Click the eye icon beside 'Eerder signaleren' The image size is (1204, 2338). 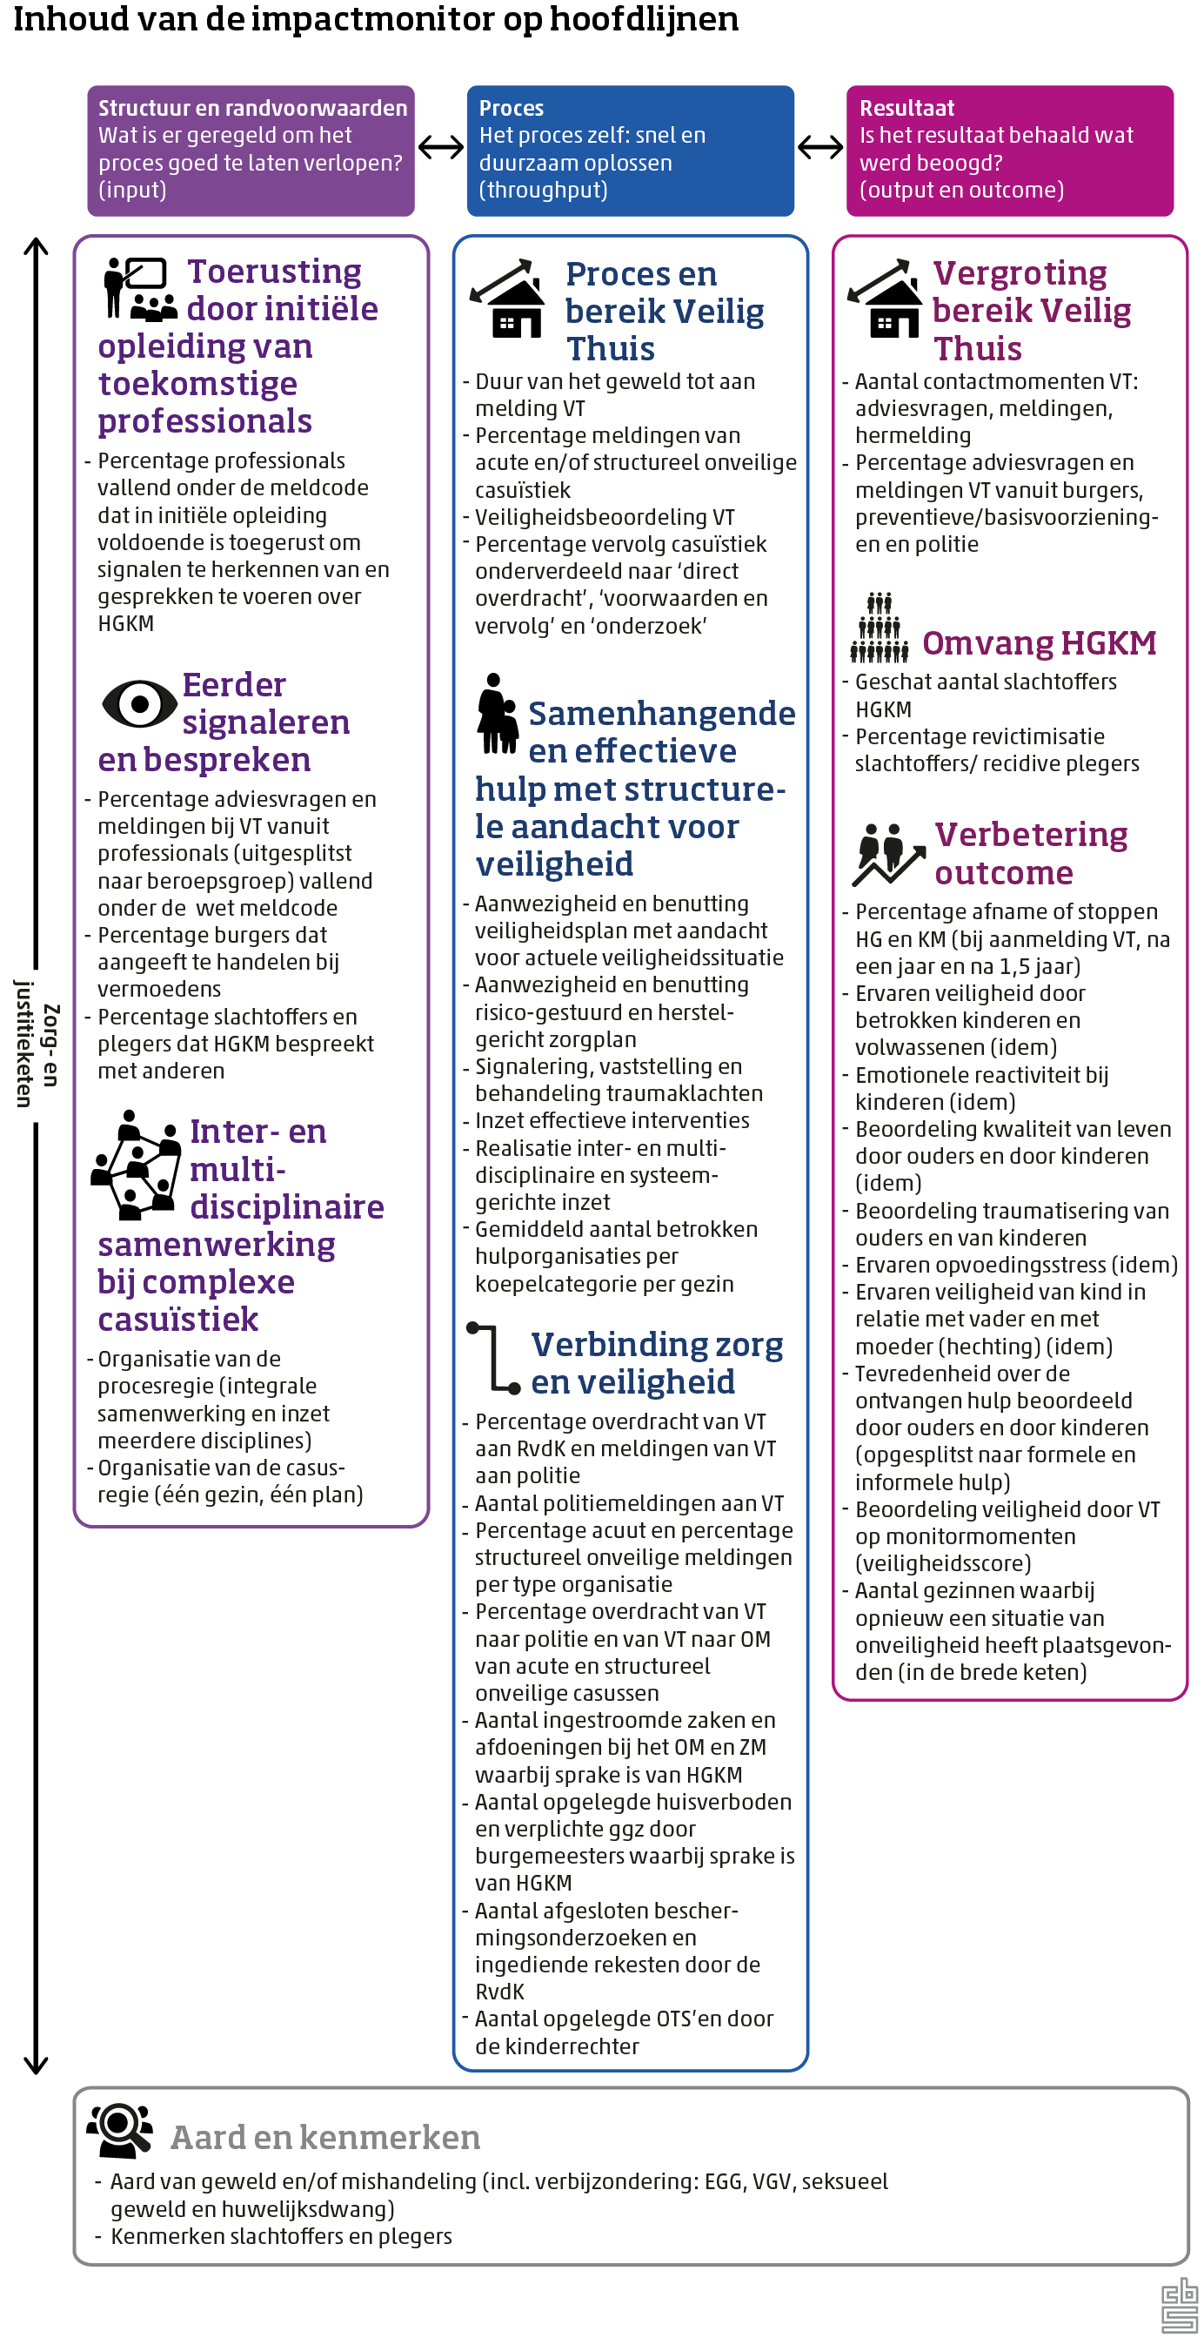tap(139, 702)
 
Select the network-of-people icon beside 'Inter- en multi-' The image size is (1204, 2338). tap(135, 1165)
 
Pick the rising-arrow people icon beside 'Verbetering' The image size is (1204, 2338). tap(887, 854)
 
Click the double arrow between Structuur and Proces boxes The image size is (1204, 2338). tap(441, 147)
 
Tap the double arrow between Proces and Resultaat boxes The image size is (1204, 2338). tap(820, 147)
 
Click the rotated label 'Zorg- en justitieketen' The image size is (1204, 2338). tap(37, 1044)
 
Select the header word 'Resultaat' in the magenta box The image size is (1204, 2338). tap(906, 108)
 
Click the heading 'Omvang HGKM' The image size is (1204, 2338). tap(1039, 642)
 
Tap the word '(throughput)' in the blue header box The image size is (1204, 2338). tap(543, 190)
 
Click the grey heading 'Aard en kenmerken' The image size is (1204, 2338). tap(324, 2138)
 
